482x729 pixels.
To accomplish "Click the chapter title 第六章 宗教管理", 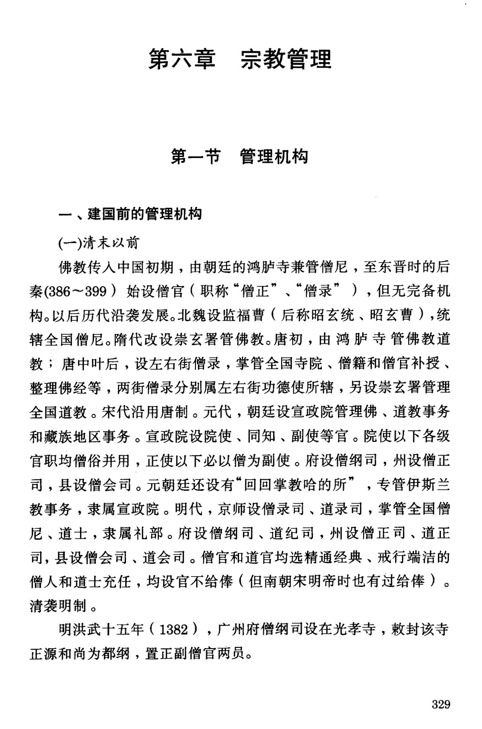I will [x=239, y=59].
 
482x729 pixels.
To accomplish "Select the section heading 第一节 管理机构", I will [x=239, y=156].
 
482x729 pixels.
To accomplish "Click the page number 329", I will [x=441, y=705].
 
